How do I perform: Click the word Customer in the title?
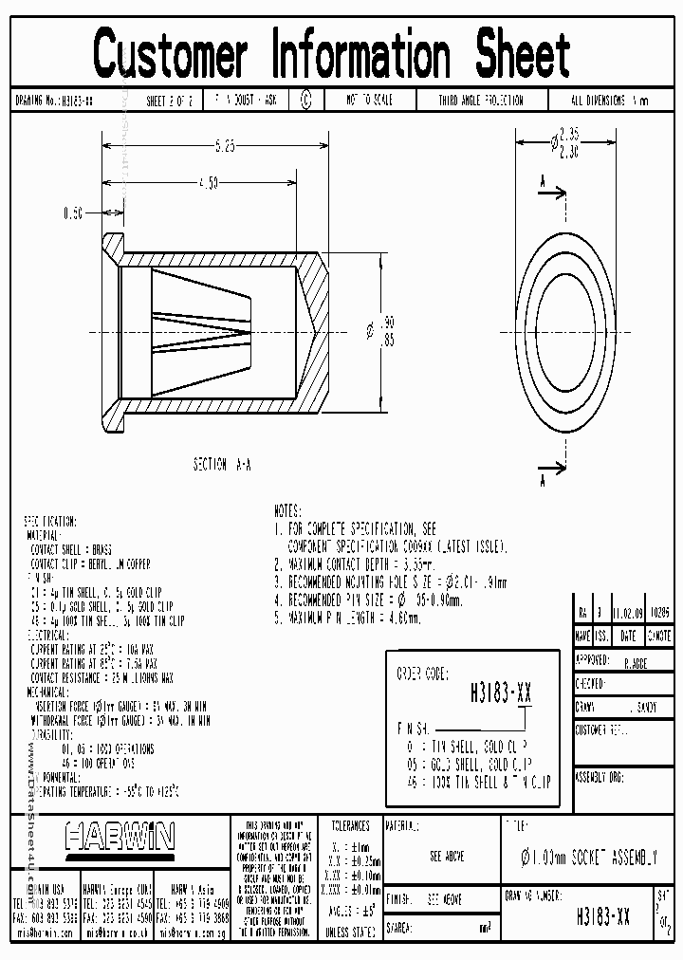tap(171, 53)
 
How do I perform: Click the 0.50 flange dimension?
tap(74, 213)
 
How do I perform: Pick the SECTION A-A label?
tap(222, 465)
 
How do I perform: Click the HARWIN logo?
tap(120, 836)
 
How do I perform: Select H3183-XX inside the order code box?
tap(501, 693)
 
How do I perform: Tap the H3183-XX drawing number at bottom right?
tap(602, 917)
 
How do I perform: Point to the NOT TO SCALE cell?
tap(368, 100)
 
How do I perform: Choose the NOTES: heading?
tap(286, 509)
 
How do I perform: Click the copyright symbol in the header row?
tap(305, 100)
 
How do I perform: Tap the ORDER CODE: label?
tap(421, 674)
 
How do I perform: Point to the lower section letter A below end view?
tap(543, 482)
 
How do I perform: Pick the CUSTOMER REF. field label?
tap(601, 730)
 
